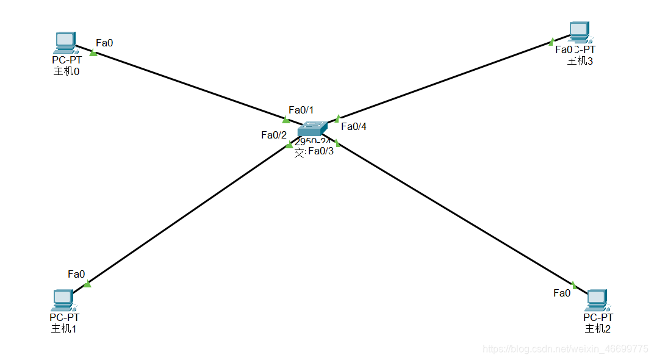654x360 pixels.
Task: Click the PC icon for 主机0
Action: click(64, 43)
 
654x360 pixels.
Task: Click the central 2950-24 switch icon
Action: click(312, 129)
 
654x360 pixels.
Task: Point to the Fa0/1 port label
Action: click(301, 110)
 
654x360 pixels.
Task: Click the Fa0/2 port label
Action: click(273, 135)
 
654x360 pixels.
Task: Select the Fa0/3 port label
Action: click(321, 151)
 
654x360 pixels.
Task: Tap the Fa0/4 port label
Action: click(354, 126)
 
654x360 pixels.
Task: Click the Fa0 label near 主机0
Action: click(104, 43)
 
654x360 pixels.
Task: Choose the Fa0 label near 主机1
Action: click(76, 274)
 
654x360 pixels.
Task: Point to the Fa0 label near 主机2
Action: click(562, 293)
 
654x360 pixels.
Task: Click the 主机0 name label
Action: click(67, 71)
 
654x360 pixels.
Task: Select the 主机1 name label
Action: click(64, 329)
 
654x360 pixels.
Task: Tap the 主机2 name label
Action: click(598, 329)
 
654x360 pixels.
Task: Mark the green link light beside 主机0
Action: click(93, 52)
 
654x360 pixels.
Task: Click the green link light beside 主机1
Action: click(87, 284)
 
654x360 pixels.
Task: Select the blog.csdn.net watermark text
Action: click(565, 349)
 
